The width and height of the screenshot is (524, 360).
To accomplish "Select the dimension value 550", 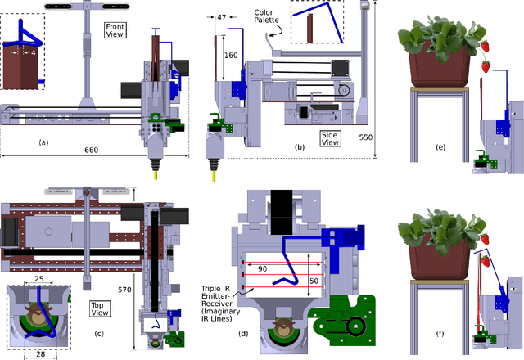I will pos(373,137).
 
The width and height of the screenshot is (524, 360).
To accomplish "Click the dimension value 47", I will pos(221,17).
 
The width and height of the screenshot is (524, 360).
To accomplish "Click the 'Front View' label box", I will pos(115,31).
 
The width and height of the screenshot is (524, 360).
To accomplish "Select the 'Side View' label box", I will pos(332,137).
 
